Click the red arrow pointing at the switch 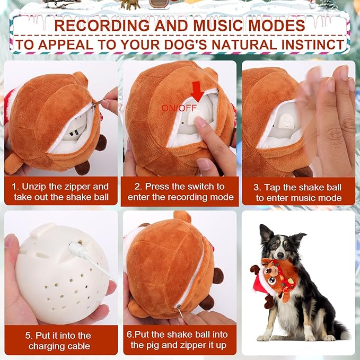click(197, 92)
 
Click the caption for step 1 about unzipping click(60, 192)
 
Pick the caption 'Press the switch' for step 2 click(180, 192)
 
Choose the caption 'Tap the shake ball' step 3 click(298, 192)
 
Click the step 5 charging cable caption click(60, 340)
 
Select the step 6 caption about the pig click(180, 340)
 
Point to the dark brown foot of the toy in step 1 click(82, 168)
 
